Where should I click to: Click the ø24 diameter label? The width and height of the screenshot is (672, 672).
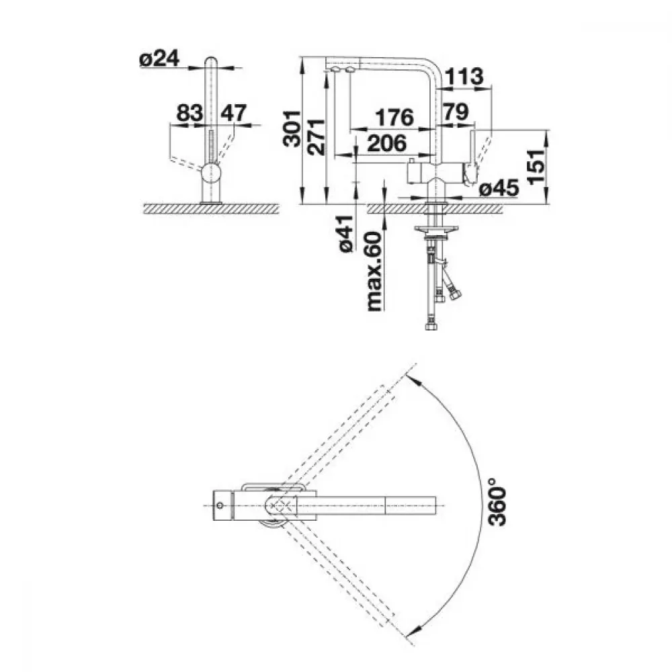[x=159, y=58]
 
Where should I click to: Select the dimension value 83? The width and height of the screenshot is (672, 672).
[x=190, y=113]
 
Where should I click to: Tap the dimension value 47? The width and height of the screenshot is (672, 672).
[x=234, y=113]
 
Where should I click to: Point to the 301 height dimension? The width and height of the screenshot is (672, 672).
[x=292, y=128]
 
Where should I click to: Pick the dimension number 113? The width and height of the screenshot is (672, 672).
[x=464, y=77]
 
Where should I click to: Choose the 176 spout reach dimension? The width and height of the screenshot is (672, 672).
[x=394, y=118]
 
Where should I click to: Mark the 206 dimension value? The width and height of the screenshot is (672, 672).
[x=387, y=143]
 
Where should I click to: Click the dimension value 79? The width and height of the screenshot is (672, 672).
[x=455, y=112]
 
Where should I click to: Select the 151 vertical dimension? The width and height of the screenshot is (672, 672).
[x=536, y=167]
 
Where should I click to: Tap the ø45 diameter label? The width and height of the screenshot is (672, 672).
[x=499, y=188]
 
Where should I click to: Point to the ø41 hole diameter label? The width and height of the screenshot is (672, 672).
[x=345, y=233]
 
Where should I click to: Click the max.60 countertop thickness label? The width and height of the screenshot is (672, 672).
[x=374, y=271]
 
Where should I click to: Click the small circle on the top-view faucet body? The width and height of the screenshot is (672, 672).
[x=220, y=506]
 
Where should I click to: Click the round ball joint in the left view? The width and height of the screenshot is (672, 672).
[x=211, y=173]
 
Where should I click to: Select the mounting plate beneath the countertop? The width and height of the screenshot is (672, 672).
[x=436, y=229]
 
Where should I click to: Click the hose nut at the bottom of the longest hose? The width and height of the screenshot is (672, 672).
[x=431, y=326]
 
